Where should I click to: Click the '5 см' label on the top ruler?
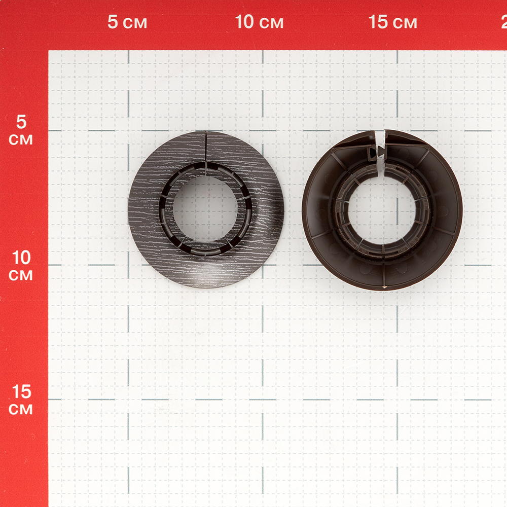(127, 22)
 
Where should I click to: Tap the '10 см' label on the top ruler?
(259, 22)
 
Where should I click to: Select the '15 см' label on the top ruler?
(392, 22)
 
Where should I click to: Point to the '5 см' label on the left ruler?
(21, 130)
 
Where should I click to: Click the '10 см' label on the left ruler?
(21, 266)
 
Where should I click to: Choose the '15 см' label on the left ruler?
(21, 400)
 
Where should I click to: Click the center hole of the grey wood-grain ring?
(206, 209)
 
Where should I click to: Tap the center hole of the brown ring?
(382, 211)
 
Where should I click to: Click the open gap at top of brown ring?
(381, 146)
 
